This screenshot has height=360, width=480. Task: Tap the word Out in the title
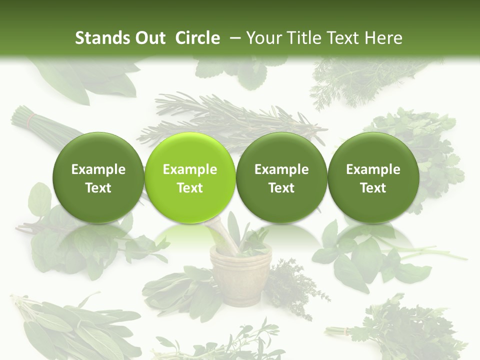(x=148, y=38)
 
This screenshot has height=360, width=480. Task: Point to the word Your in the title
(x=262, y=38)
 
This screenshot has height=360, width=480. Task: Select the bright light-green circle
(x=190, y=178)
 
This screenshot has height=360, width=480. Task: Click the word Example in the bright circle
(x=190, y=169)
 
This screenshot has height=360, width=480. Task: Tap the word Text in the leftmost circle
(x=98, y=188)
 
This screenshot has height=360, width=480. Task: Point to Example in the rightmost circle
(x=373, y=169)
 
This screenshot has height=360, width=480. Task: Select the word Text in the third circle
(x=281, y=188)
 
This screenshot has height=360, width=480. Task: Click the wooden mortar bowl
(x=239, y=272)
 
